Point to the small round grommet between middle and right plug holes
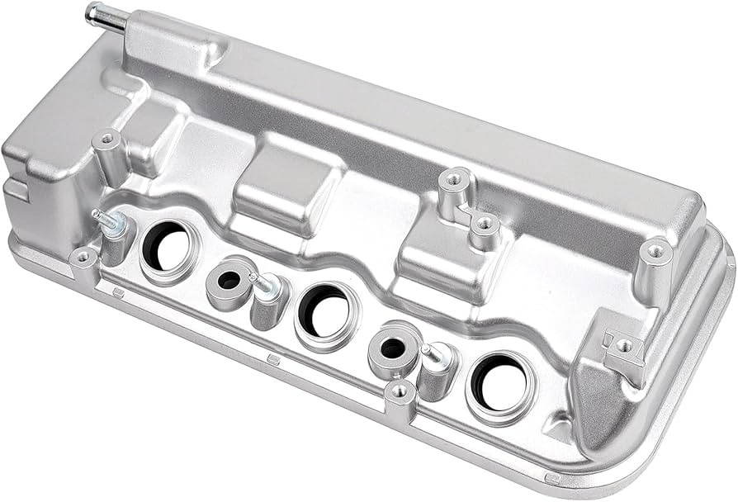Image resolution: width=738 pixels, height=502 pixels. [x=392, y=348]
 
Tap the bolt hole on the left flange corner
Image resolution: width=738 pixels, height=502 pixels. [x=83, y=258]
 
